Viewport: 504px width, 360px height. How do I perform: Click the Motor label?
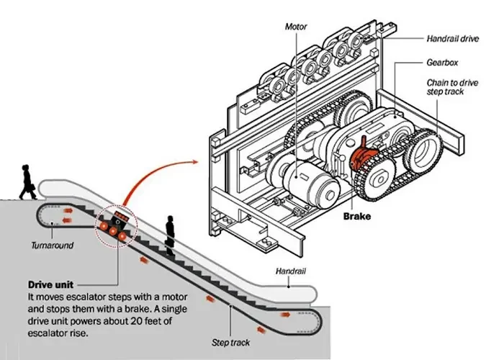[x=296, y=27]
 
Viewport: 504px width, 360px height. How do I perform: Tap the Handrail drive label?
[x=453, y=39]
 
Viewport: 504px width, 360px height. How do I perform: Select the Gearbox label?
[x=442, y=63]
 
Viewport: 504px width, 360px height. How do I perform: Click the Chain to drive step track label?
[x=452, y=87]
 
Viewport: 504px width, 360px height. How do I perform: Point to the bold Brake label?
[x=357, y=216]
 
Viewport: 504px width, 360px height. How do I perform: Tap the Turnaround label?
[x=53, y=246]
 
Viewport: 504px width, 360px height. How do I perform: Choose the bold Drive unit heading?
[x=51, y=285]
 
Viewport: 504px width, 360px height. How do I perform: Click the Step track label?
[x=230, y=343]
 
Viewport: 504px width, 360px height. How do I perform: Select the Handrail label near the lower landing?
[x=291, y=271]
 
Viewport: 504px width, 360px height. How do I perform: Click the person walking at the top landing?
[x=27, y=182]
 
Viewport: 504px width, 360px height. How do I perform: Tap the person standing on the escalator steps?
[x=171, y=235]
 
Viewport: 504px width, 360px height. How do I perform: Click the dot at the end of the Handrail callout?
[x=289, y=287]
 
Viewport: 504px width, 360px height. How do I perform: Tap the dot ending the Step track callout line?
[x=230, y=306]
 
